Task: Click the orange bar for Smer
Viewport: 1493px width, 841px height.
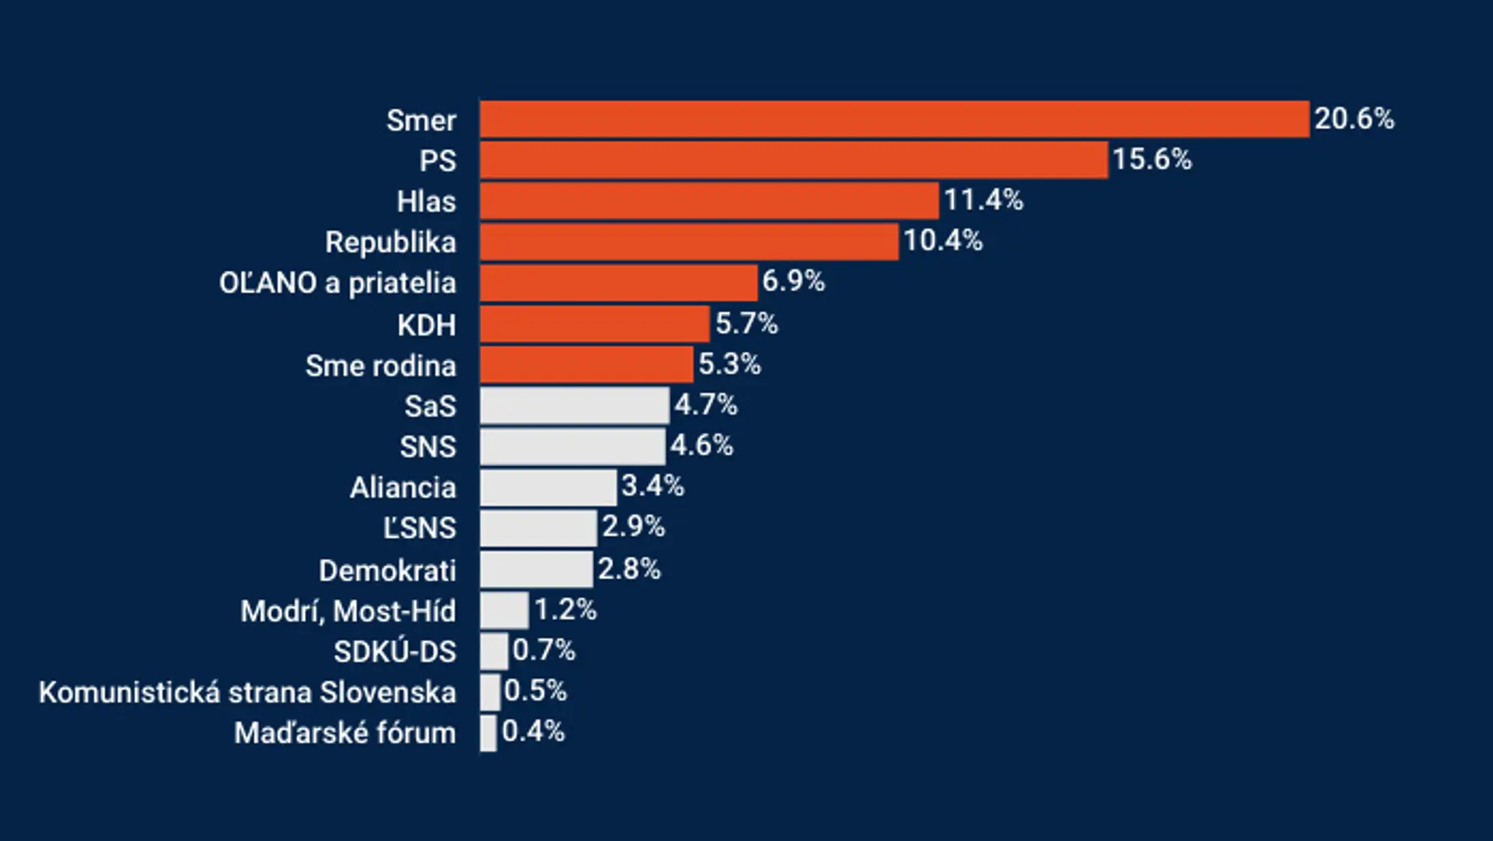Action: click(894, 119)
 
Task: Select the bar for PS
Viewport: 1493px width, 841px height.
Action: click(794, 160)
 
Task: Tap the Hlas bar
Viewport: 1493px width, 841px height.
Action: click(709, 201)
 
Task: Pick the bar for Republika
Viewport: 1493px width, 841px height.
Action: click(689, 242)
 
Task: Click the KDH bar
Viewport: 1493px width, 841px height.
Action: click(595, 324)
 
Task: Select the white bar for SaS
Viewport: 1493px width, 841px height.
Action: click(575, 405)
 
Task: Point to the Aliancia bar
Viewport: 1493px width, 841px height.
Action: click(548, 487)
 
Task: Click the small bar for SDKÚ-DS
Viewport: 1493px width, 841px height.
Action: click(494, 651)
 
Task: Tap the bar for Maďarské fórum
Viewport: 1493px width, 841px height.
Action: click(488, 733)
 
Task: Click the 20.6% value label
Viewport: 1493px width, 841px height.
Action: click(1354, 119)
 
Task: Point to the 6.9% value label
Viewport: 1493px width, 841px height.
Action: click(793, 281)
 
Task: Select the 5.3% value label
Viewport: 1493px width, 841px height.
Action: click(729, 364)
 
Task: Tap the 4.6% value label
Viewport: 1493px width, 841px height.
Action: click(701, 446)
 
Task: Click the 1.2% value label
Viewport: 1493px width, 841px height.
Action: click(565, 610)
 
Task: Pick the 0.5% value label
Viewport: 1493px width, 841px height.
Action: click(535, 691)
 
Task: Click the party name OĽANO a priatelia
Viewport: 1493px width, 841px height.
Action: click(337, 283)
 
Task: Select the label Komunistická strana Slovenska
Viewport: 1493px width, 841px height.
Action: click(247, 692)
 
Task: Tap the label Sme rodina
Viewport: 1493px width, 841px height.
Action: click(380, 366)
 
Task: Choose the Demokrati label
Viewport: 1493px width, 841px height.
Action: click(387, 571)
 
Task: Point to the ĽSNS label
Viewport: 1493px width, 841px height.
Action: click(419, 528)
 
